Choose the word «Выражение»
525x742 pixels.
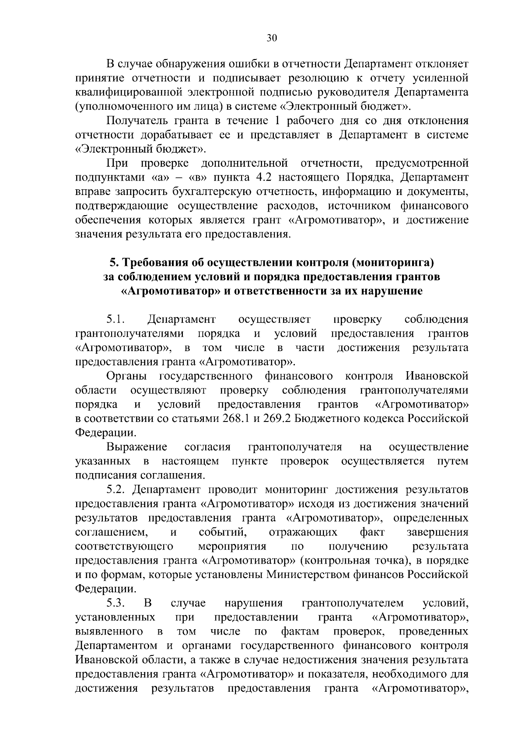tap(137, 447)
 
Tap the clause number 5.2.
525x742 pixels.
tap(116, 489)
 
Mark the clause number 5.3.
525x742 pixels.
tap(116, 603)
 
